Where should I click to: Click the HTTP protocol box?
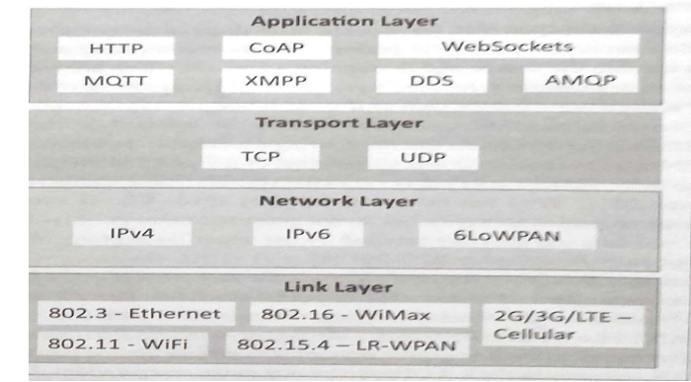click(x=115, y=48)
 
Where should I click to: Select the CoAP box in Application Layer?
click(x=276, y=47)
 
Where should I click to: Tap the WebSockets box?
click(x=508, y=46)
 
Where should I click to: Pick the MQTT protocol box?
click(x=115, y=81)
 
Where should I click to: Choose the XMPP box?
click(x=275, y=81)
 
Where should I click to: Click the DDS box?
click(x=431, y=81)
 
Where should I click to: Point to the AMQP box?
click(x=580, y=80)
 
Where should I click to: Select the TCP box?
click(x=260, y=156)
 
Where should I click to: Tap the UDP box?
click(x=423, y=157)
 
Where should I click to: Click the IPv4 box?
click(x=131, y=233)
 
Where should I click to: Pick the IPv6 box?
click(x=308, y=234)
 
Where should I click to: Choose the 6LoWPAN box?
click(x=507, y=236)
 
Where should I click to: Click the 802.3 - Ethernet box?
click(x=136, y=314)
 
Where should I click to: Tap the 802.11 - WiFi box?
click(x=122, y=344)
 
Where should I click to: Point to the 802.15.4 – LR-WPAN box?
click(x=346, y=345)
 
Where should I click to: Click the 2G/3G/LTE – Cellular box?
click(x=563, y=326)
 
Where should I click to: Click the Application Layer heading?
click(x=345, y=21)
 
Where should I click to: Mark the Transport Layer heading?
click(x=339, y=122)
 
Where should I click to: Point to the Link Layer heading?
click(x=338, y=287)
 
